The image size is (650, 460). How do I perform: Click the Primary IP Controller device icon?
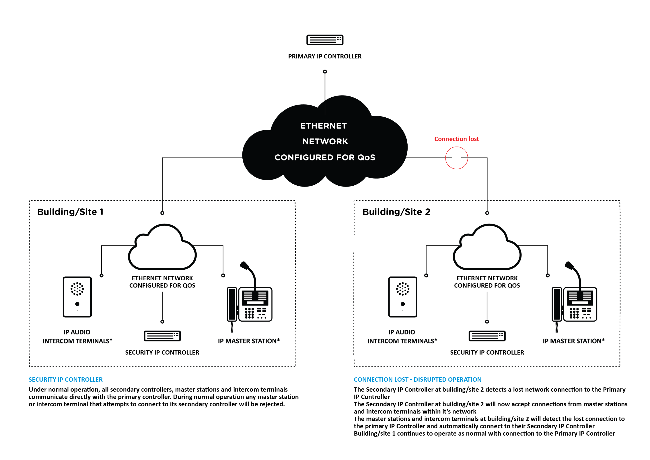pos(325,40)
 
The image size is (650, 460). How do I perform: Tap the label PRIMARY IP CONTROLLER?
pos(325,56)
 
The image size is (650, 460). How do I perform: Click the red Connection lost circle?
pos(456,158)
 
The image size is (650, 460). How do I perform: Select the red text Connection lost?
pos(456,139)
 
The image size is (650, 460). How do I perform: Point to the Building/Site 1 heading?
pos(70,212)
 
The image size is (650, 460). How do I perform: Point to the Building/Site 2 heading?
pos(396,212)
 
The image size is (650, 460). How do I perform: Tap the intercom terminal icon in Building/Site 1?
pos(77,297)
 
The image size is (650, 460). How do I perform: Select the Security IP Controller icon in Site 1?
pos(162,336)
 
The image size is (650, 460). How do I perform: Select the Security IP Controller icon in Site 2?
pos(487,336)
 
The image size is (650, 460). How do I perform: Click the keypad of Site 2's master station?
pos(574,313)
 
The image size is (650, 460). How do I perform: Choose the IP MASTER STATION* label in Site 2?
pos(573,341)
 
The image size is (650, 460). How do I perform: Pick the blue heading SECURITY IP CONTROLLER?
pos(65,380)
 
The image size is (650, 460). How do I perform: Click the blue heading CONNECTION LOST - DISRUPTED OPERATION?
pos(417,380)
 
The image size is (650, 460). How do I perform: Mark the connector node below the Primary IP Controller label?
pos(325,72)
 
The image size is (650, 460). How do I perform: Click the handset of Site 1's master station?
pos(232,304)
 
